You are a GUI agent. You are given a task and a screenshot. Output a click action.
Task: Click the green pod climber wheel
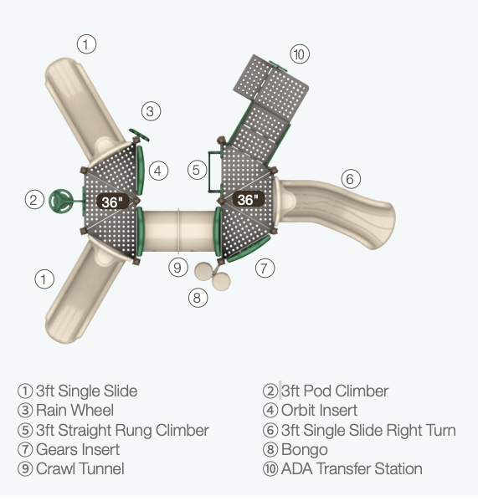tap(61, 201)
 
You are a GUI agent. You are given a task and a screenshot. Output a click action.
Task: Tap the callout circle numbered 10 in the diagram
tap(300, 54)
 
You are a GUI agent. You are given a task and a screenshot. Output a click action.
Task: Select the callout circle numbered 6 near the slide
tap(351, 179)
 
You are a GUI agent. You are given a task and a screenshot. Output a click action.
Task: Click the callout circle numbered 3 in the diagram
tap(151, 111)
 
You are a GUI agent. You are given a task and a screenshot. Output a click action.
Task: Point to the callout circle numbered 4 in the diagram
tap(158, 171)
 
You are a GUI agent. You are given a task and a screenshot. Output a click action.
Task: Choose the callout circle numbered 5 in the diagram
tap(197, 170)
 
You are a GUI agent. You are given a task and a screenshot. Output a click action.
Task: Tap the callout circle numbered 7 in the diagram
tap(265, 268)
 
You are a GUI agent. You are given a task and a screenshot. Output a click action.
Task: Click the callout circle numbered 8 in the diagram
tap(198, 298)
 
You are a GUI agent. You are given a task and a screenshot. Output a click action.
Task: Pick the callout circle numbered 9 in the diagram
tap(178, 267)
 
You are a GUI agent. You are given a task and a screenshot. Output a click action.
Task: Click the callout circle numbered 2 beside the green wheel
tap(34, 200)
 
